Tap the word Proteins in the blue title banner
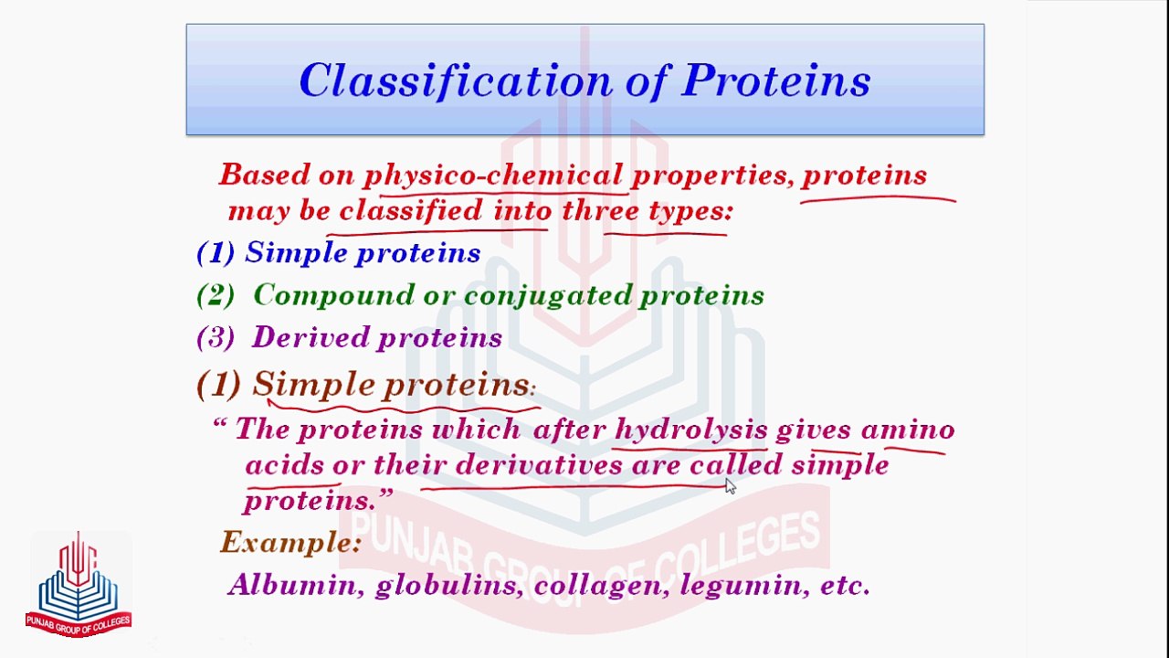775,81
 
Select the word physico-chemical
493,175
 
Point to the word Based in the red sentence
258,175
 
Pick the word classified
411,211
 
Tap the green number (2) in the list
216,295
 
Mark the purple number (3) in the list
216,338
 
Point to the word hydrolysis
690,430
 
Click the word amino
908,430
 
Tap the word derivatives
538,465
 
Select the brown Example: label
291,543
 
